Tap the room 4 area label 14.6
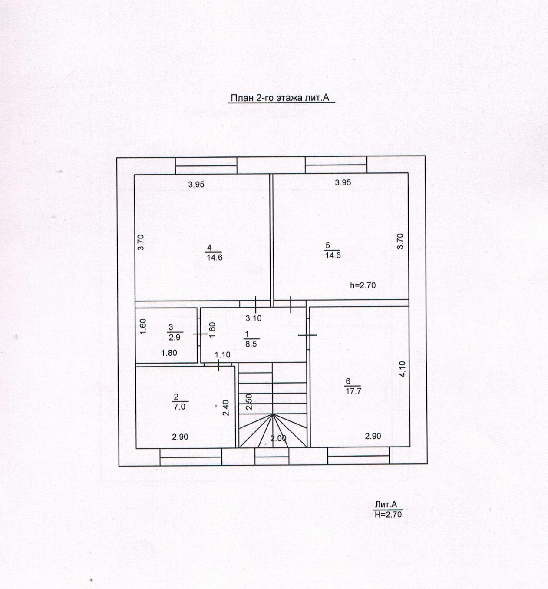(214, 257)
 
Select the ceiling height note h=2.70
(363, 285)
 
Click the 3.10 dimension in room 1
(254, 318)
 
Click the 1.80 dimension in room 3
(169, 353)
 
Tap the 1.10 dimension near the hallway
(222, 354)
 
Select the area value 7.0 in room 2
(179, 407)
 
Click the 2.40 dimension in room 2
(226, 408)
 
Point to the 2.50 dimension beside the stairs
(249, 402)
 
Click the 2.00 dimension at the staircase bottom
(278, 438)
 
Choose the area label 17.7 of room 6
(353, 391)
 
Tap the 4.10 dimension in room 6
(402, 369)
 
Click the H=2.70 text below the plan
(388, 515)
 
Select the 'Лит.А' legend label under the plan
(386, 504)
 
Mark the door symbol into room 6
(307, 335)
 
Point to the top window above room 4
(206, 165)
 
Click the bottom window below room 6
(358, 457)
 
